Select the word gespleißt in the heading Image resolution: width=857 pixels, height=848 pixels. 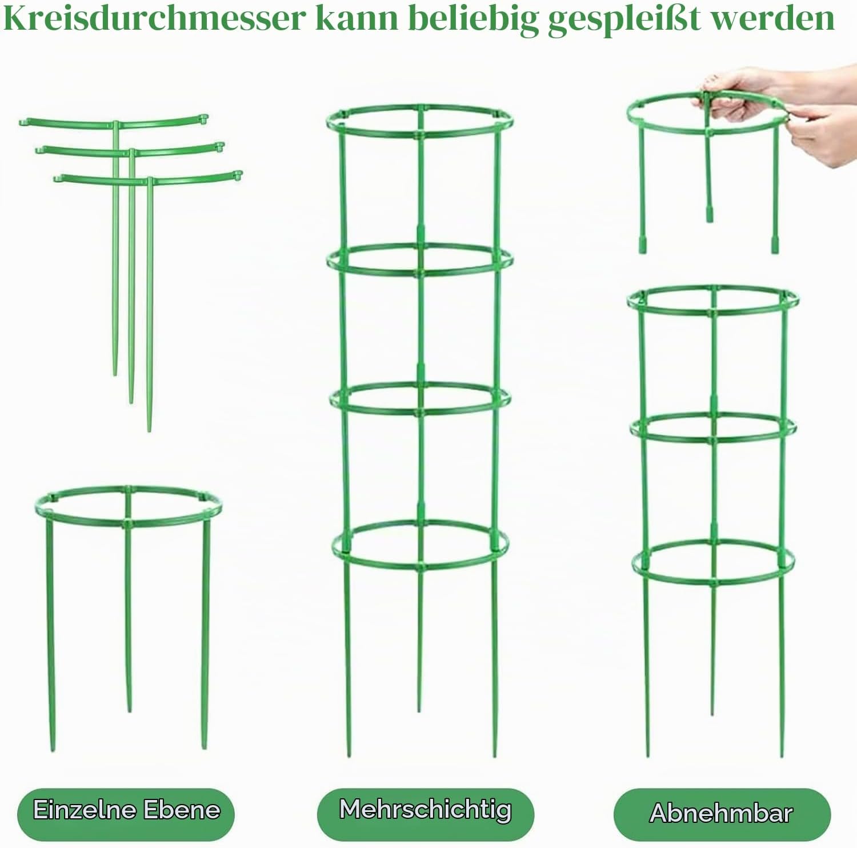coord(624,19)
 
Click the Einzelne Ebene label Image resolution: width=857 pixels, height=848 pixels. coord(126,810)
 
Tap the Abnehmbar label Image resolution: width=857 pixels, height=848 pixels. coord(722,813)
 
